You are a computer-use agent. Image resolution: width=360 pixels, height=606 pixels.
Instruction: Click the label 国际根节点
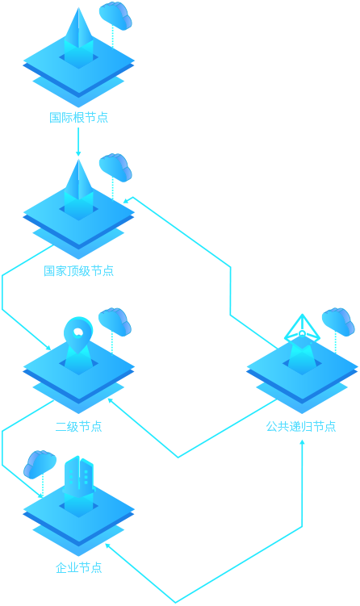click(78, 118)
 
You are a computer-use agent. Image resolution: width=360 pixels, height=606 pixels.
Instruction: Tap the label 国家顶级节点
click(78, 271)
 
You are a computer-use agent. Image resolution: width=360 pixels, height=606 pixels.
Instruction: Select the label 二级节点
click(78, 427)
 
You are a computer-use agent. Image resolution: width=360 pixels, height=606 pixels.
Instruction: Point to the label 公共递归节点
click(301, 426)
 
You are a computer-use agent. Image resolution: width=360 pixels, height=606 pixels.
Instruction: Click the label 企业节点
click(78, 568)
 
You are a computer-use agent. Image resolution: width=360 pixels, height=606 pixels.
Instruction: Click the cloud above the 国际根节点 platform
click(115, 15)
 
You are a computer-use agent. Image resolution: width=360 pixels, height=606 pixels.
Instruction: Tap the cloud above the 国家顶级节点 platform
click(115, 167)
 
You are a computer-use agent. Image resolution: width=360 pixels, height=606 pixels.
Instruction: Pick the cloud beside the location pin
click(115, 322)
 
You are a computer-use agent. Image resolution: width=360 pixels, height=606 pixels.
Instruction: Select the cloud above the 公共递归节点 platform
click(338, 322)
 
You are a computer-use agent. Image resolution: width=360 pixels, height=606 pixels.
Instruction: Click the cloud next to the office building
click(40, 464)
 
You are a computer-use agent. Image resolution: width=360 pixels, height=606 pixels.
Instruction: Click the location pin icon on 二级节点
click(78, 340)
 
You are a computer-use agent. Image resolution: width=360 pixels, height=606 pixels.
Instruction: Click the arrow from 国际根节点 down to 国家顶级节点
click(78, 142)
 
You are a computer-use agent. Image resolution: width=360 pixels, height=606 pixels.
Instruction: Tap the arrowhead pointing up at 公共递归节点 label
click(302, 442)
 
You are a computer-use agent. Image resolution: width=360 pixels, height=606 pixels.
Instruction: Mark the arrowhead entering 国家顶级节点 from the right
click(126, 200)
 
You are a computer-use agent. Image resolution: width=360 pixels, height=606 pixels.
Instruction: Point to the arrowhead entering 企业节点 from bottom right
click(108, 546)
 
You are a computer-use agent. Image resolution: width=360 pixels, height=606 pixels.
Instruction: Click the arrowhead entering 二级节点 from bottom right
click(111, 401)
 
